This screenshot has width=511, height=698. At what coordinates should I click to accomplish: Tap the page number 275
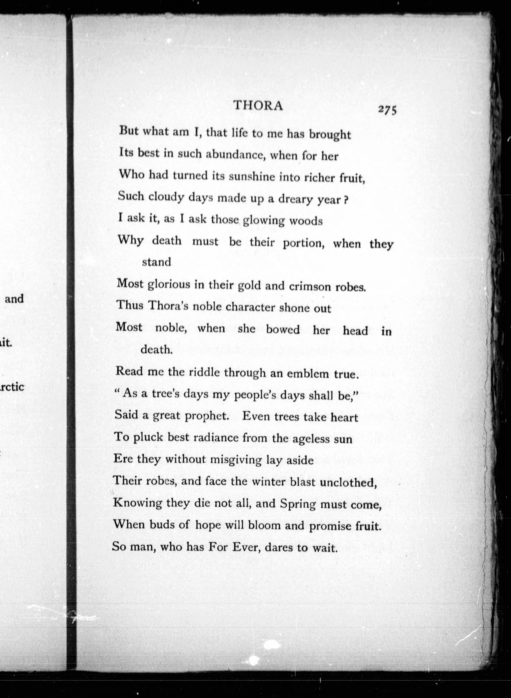[387, 110]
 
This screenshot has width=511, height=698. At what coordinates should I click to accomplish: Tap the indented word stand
[156, 262]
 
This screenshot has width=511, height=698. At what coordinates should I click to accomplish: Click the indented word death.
[156, 350]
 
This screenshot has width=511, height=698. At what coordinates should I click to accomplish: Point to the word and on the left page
[14, 299]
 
